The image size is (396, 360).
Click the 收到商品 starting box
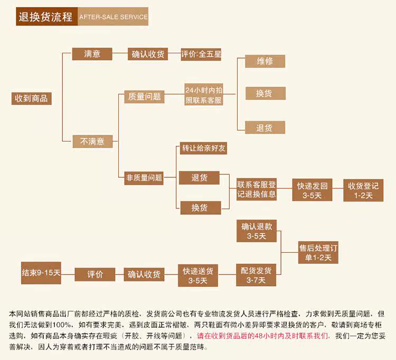(32, 99)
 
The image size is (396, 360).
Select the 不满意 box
(92, 141)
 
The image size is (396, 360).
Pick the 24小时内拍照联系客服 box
(204, 94)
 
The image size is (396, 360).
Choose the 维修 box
(265, 61)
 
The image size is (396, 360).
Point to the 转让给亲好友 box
(204, 148)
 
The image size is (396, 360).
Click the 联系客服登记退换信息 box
(257, 190)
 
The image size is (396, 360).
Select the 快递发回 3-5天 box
(312, 190)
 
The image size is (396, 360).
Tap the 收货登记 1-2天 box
(363, 190)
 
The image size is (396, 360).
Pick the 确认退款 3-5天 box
(257, 231)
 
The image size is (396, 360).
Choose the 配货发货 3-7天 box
(256, 275)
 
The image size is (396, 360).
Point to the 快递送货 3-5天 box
(198, 275)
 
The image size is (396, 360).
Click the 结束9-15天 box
(41, 273)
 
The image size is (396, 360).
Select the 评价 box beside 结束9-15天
(95, 274)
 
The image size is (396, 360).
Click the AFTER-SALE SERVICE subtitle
(113, 17)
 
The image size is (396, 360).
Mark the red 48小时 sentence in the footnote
(263, 336)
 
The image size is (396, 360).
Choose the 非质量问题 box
(144, 177)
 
